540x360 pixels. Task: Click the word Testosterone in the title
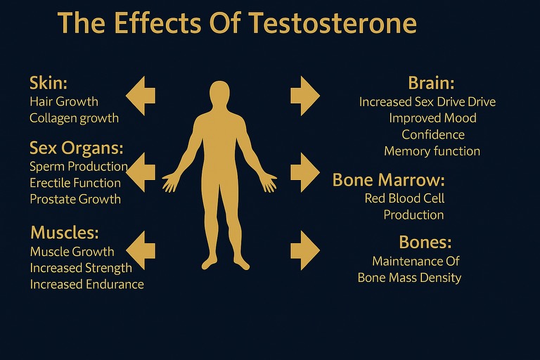[x=333, y=22]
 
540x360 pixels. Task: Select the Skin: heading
[x=49, y=83]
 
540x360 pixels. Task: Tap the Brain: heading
[x=431, y=83]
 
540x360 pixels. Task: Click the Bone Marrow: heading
[x=388, y=180]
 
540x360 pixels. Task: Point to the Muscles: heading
[x=65, y=233]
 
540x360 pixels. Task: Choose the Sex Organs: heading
[x=77, y=148]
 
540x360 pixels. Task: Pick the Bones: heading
[x=425, y=242]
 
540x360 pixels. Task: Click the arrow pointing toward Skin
[x=141, y=96]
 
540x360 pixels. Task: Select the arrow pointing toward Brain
[x=305, y=96]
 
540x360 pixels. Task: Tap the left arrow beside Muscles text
[x=141, y=250]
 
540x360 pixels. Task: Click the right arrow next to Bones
[x=305, y=250]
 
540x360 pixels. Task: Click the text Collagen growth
[x=74, y=118]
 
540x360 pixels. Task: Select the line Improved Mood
[x=433, y=118]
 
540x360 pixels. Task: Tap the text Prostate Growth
[x=75, y=199]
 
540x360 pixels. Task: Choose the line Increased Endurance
[x=86, y=284]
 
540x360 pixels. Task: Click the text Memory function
[x=432, y=151]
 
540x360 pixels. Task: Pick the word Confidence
[x=433, y=135]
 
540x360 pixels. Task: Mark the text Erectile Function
[x=75, y=183]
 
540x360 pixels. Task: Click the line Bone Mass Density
[x=409, y=278]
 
